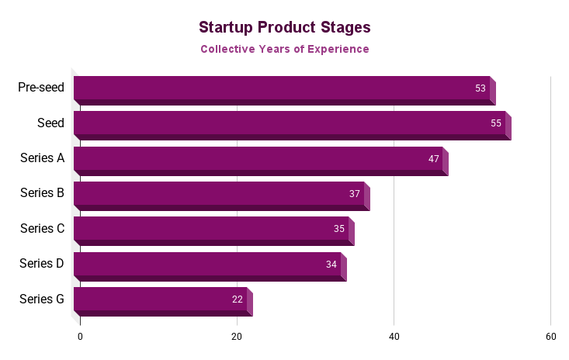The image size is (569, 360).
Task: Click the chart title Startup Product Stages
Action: [284, 27]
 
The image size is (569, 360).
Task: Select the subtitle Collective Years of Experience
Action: [284, 49]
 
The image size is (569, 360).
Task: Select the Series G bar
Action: [160, 299]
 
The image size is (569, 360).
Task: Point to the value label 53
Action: [481, 88]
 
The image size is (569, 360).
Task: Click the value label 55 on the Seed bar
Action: [496, 123]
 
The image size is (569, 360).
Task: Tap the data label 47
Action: [433, 158]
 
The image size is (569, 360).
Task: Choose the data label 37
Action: [355, 194]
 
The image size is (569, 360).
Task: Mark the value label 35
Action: [339, 229]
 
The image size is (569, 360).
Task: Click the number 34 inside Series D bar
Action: [331, 265]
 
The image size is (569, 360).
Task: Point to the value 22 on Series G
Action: [238, 299]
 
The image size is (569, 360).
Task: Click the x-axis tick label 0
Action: [80, 337]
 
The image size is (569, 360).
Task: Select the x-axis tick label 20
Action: [237, 337]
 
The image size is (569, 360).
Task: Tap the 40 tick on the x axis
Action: [394, 337]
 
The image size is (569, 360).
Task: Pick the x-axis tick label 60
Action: [550, 337]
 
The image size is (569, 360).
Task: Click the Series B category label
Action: [42, 193]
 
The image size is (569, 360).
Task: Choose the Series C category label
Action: [42, 228]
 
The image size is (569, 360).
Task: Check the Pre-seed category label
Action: [41, 88]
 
